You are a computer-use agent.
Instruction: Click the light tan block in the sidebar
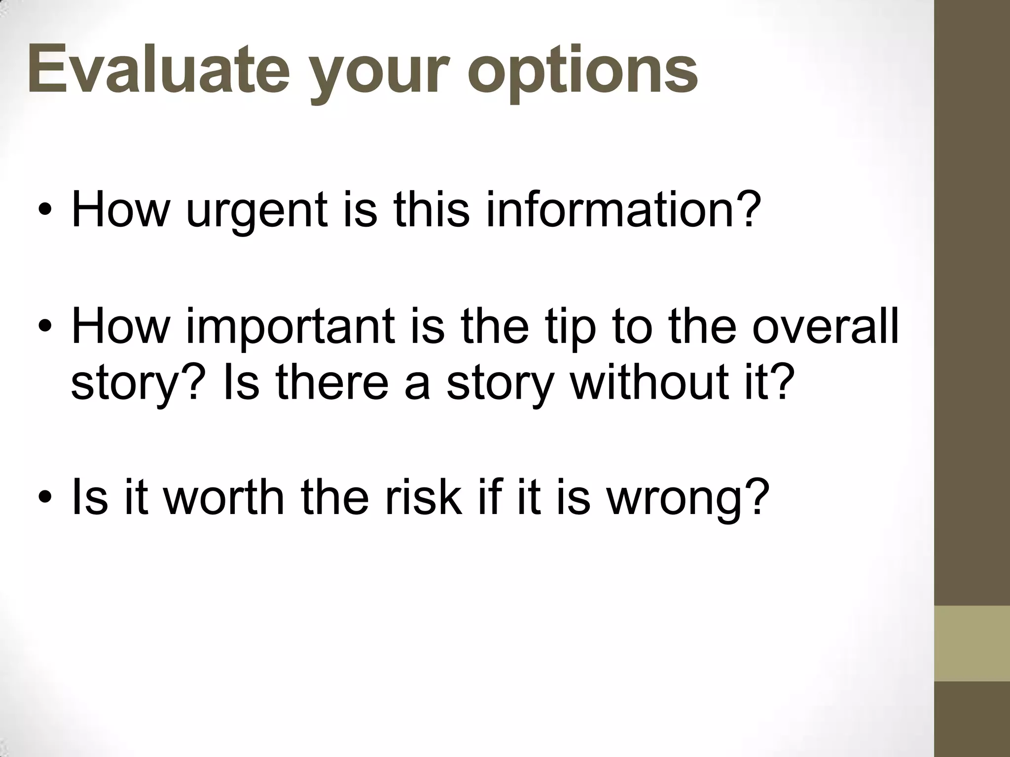(972, 643)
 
